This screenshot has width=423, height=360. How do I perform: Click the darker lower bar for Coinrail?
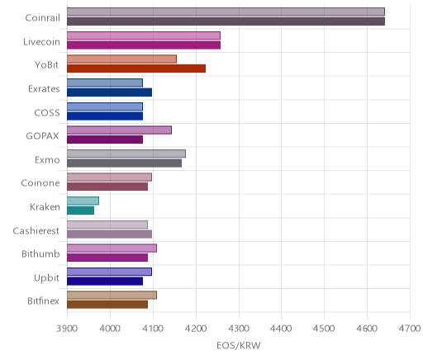pos(226,21)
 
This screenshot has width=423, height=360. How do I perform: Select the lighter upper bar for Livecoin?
pos(144,36)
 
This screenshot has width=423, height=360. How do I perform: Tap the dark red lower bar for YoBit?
pos(136,69)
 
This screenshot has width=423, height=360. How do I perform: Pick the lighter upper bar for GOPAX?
pos(120,130)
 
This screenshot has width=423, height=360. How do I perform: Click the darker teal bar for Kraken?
pos(81,211)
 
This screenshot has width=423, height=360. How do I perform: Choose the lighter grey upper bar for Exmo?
pos(126,154)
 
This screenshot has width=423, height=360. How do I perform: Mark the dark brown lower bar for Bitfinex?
pos(107,305)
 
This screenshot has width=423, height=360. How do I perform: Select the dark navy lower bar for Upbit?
pos(105,282)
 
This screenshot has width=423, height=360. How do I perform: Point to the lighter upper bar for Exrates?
pos(105,83)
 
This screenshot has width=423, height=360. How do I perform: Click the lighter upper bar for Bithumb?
pos(112,249)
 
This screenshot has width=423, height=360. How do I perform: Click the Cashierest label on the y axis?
pos(36,230)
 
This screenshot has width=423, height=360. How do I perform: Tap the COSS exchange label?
pos(47,113)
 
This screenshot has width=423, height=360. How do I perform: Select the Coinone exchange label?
pos(40,183)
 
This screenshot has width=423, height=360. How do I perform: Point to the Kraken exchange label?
pos(45,206)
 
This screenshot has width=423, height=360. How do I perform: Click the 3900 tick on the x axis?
pos(67,329)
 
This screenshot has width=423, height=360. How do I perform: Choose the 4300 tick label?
pos(239,329)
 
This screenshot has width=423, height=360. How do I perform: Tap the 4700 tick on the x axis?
pos(410,329)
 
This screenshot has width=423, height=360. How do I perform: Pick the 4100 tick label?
pos(153,329)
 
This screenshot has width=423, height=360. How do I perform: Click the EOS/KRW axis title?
pos(239,345)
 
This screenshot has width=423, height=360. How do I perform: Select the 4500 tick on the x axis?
pos(324,329)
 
